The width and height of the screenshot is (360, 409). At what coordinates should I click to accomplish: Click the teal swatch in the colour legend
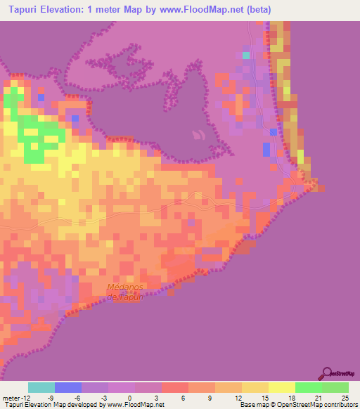coord(41,387)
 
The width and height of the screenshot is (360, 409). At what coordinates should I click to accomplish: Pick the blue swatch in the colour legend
coord(68,387)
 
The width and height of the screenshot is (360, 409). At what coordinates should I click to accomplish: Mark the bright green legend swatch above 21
coord(309,387)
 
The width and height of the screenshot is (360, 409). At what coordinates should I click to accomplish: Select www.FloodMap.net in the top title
coord(200,10)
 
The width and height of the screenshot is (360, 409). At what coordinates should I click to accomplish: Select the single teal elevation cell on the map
coord(245,54)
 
